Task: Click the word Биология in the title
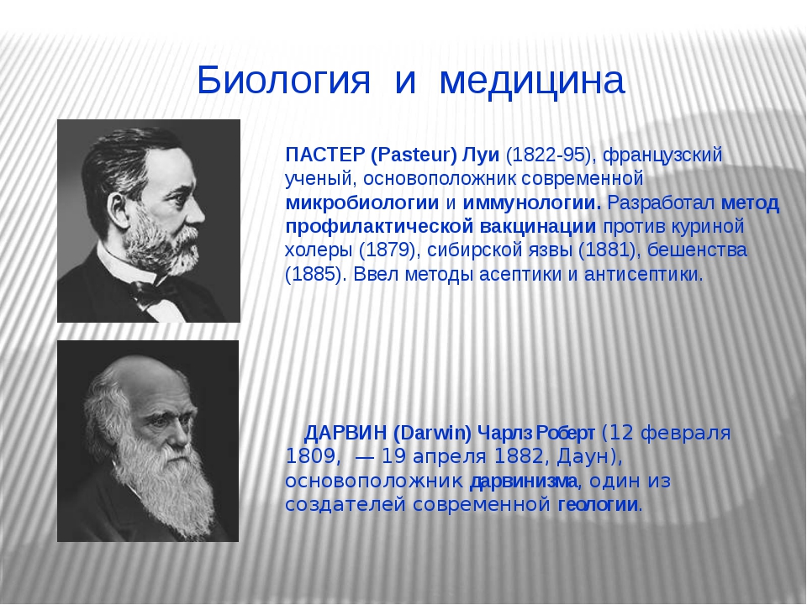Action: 283,80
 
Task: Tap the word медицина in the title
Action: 532,82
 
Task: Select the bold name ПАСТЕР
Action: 324,155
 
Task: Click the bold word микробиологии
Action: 362,203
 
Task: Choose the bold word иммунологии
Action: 531,203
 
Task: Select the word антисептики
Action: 643,274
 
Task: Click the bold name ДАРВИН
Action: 345,434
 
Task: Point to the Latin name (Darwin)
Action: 432,434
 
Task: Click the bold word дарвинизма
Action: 524,481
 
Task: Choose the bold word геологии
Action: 598,504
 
